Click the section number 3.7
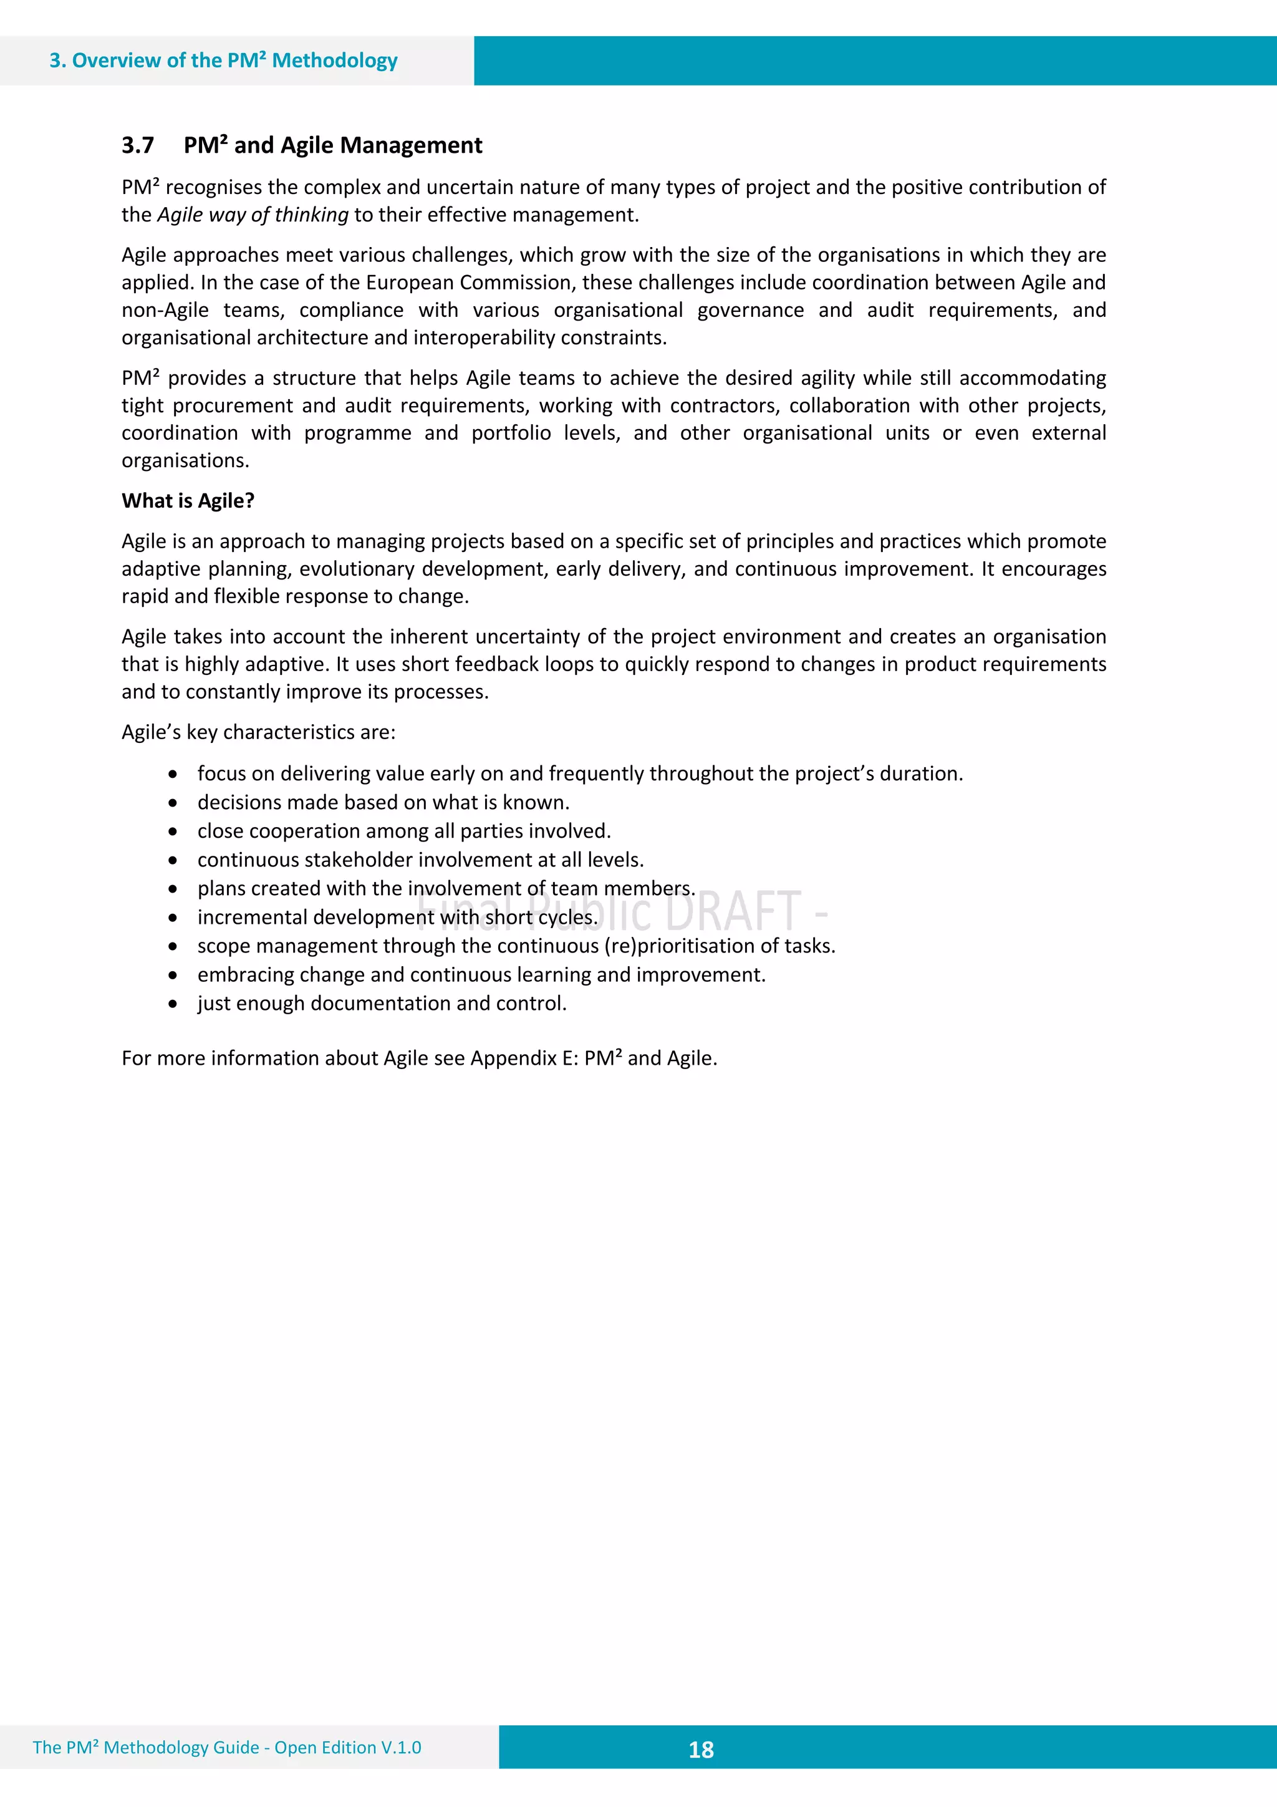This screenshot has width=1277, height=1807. [138, 145]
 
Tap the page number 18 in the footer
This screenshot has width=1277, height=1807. [700, 1749]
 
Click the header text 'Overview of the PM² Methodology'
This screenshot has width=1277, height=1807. [234, 61]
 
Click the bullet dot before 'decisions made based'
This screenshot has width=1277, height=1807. [172, 803]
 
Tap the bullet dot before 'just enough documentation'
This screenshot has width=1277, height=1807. [172, 1004]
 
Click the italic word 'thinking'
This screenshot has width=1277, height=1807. [312, 215]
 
